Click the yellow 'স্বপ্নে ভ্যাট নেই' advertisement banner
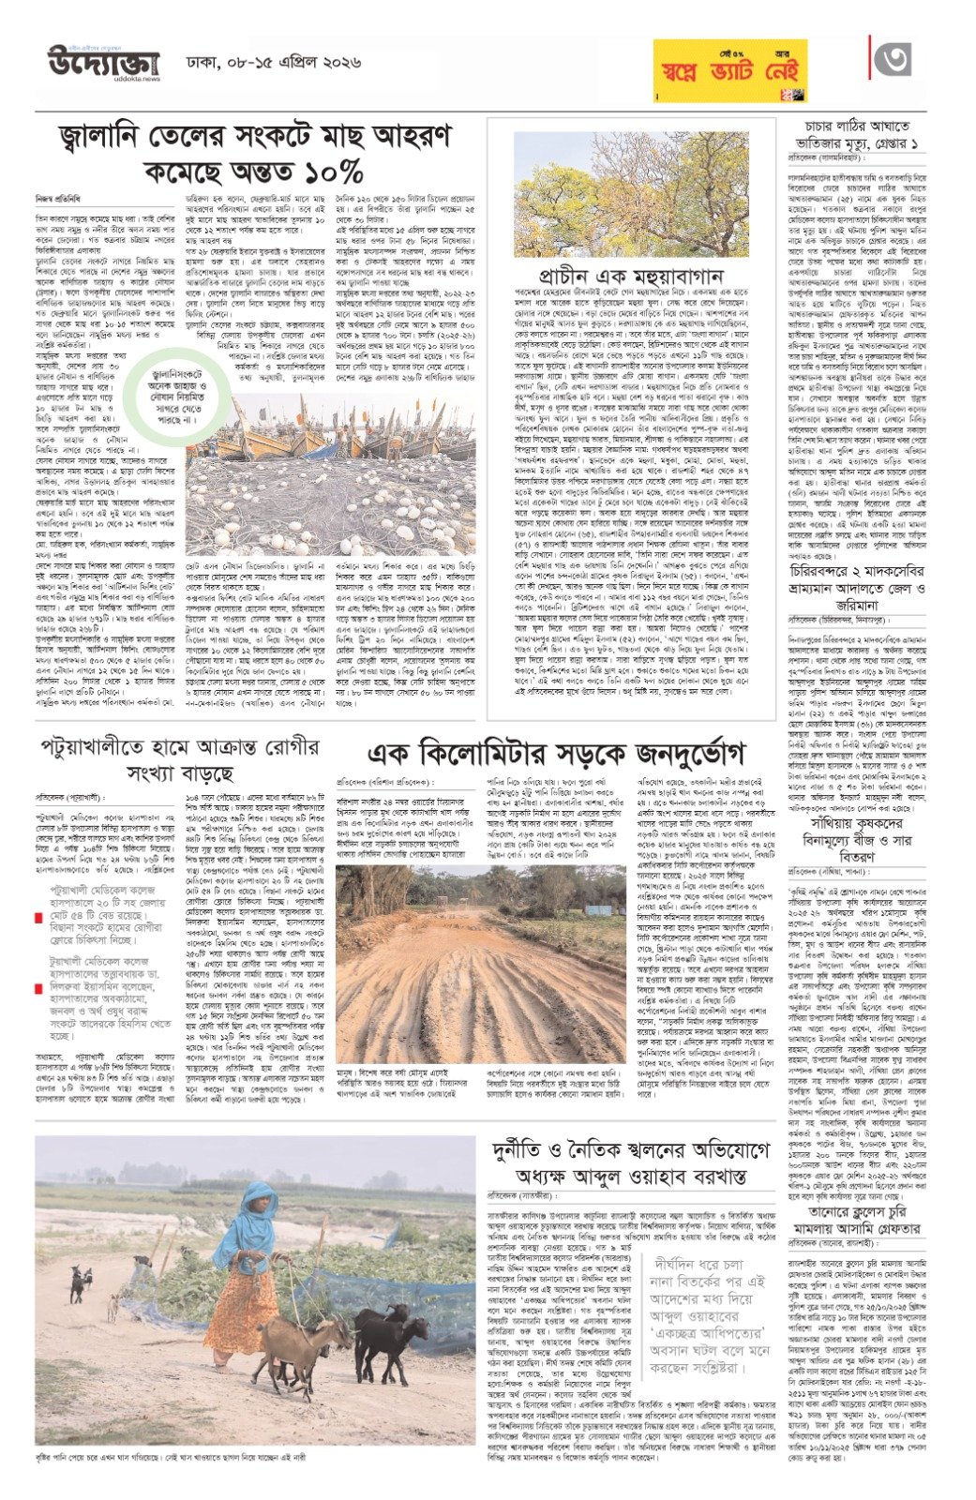[x=730, y=72]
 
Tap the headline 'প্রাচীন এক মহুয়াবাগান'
[x=631, y=276]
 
